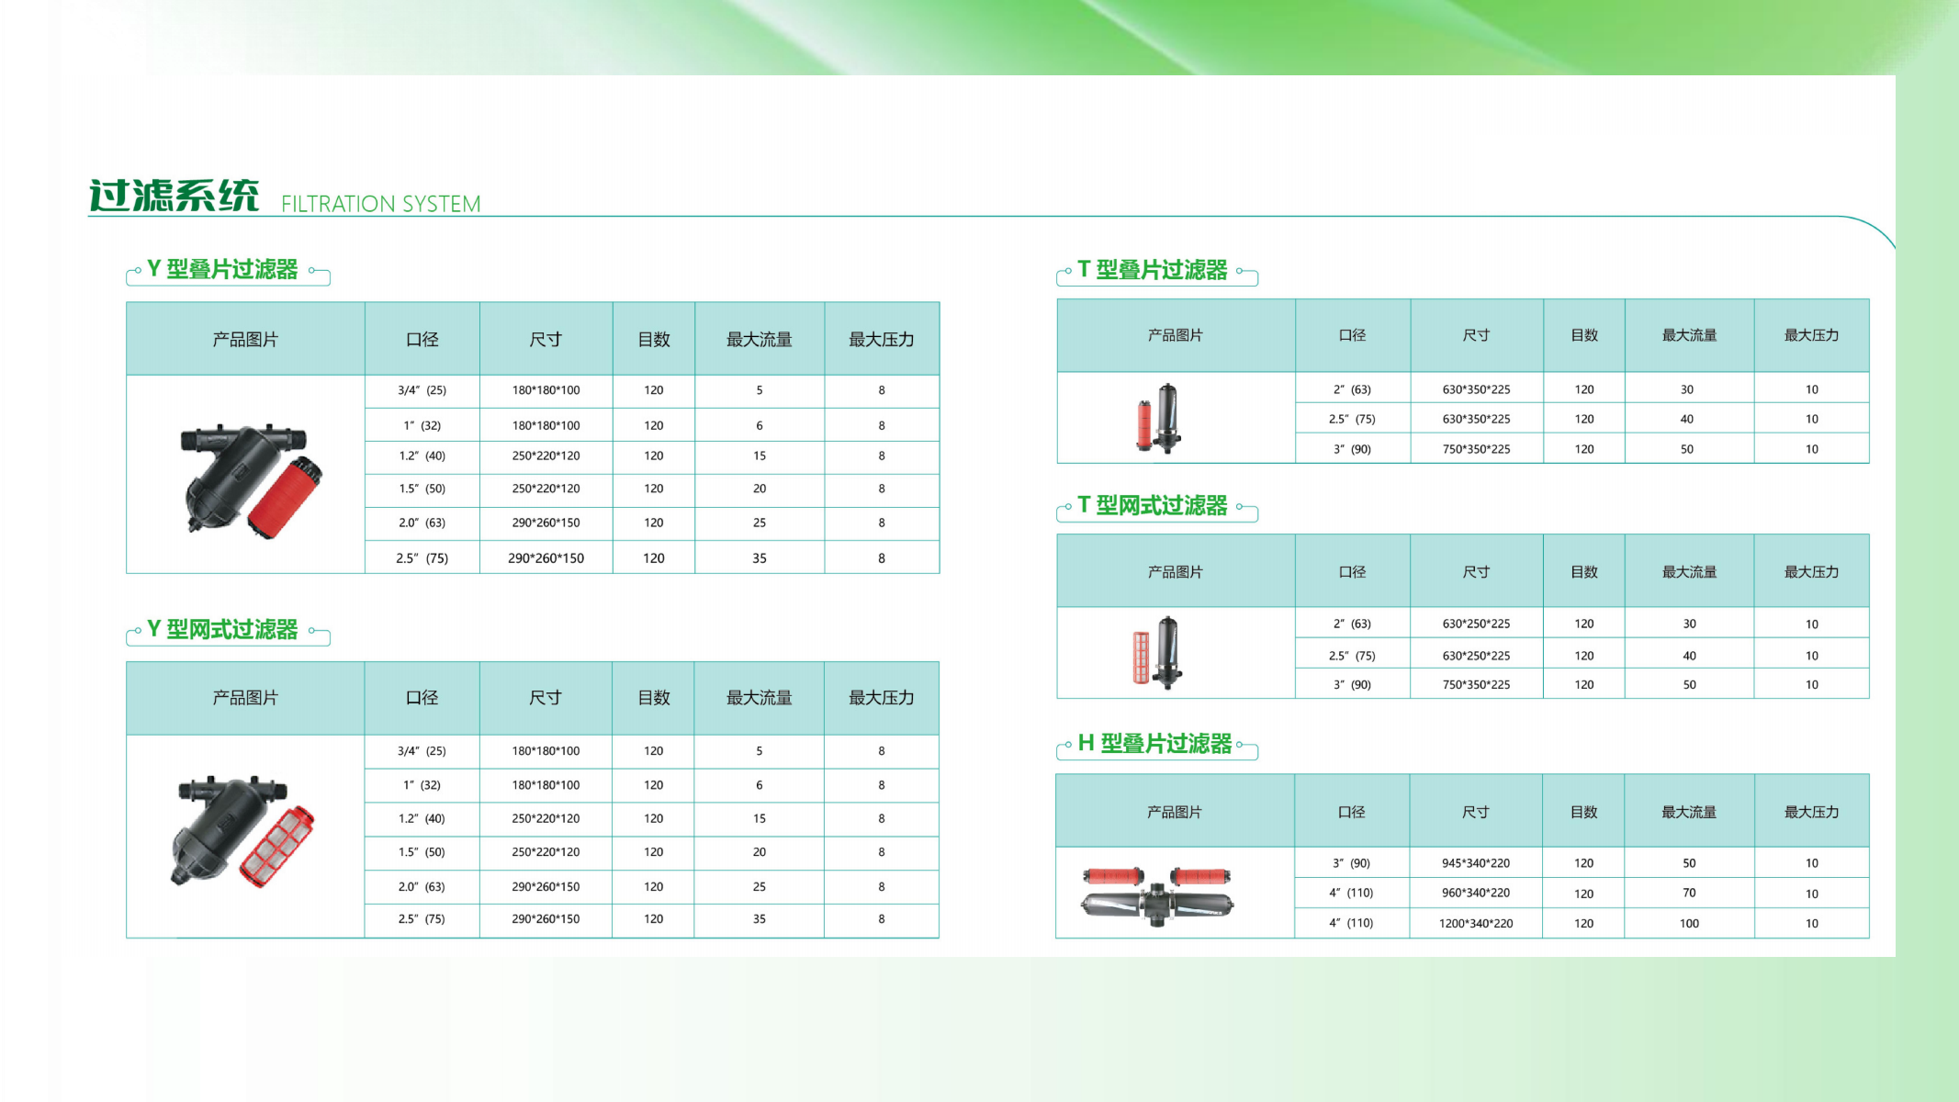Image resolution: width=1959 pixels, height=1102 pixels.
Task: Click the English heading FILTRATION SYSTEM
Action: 380,203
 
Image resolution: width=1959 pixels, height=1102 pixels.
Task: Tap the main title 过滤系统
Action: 174,196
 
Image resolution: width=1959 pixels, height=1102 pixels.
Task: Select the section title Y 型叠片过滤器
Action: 222,269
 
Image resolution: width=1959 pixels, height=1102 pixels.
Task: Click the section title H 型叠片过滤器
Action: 1154,743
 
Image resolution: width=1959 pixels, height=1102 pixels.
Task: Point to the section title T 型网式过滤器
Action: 1153,505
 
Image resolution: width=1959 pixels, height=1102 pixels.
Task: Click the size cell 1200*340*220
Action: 1476,923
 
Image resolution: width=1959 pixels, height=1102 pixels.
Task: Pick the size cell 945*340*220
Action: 1476,863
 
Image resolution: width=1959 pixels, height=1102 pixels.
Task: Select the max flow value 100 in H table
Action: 1689,923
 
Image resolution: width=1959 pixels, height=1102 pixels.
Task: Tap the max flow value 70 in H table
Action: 1689,893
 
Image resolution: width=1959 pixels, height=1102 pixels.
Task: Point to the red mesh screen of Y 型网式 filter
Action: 277,847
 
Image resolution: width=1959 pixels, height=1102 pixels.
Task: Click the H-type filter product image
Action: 1157,894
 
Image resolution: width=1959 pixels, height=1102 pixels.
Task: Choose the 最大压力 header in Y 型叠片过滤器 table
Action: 881,339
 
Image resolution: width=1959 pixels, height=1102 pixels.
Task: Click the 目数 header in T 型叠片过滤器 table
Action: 1584,335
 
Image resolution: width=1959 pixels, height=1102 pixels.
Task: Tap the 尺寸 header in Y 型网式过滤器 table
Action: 546,698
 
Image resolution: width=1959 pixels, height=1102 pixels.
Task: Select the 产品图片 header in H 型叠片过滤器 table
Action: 1175,812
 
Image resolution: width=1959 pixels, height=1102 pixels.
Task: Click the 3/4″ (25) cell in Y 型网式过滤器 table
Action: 422,751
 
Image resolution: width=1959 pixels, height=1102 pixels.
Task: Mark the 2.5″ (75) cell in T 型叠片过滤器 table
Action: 1352,419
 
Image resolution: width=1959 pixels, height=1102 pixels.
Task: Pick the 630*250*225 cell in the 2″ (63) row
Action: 1476,624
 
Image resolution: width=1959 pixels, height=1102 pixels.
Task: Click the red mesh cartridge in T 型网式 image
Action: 1141,658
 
